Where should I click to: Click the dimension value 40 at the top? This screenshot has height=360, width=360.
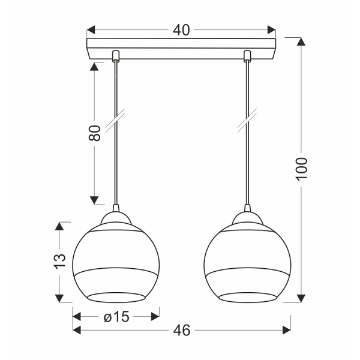tap(181, 30)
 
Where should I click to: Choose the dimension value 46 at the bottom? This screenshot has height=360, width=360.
tap(181, 330)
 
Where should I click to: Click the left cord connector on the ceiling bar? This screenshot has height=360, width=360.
tap(115, 56)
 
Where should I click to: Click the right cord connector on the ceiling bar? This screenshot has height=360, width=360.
tap(247, 56)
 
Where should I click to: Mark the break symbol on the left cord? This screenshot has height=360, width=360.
tap(115, 119)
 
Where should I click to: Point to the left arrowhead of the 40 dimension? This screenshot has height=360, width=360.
tap(92, 30)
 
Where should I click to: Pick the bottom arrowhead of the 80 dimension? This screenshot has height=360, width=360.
tap(94, 200)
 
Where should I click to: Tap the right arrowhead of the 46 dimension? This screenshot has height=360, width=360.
tap(286, 330)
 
